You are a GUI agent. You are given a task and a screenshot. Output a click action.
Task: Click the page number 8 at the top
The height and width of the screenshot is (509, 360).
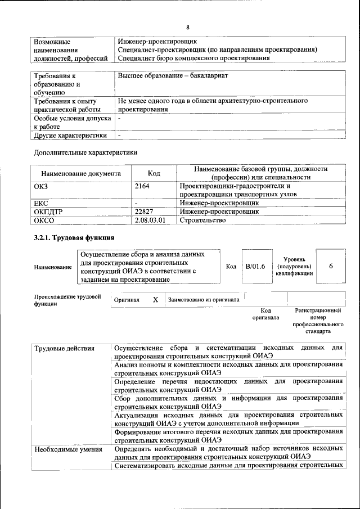pyautogui.click(x=188, y=28)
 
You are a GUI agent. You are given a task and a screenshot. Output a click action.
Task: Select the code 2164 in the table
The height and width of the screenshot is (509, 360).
pyautogui.click(x=142, y=186)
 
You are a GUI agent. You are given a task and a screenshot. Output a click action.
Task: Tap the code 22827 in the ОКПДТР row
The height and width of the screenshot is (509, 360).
pyautogui.click(x=145, y=211)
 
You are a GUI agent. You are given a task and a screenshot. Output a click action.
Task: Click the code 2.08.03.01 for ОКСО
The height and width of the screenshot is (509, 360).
pyautogui.click(x=151, y=220)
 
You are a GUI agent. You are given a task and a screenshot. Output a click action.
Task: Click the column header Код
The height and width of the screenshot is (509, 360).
pyautogui.click(x=154, y=174)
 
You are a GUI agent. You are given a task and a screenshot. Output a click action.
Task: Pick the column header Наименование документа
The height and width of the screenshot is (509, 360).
pyautogui.click(x=81, y=174)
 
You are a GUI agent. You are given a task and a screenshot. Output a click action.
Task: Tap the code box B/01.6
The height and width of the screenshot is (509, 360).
pyautogui.click(x=255, y=266)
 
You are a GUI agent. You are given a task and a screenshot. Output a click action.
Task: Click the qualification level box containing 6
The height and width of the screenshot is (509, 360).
pyautogui.click(x=330, y=266)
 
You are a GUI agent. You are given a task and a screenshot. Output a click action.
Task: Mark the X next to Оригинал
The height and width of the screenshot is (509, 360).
pyautogui.click(x=155, y=300)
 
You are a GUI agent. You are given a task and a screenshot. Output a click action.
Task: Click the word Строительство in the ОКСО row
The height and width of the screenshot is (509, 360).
pyautogui.click(x=202, y=220)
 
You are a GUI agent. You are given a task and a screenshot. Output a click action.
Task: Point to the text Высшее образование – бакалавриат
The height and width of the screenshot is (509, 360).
pyautogui.click(x=173, y=75)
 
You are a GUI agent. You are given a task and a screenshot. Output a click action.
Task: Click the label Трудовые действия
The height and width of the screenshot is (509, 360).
pyautogui.click(x=64, y=348)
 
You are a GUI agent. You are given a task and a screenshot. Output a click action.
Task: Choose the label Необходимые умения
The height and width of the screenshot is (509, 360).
pyautogui.click(x=68, y=449)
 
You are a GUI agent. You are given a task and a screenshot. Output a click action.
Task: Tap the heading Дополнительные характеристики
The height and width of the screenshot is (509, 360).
pyautogui.click(x=85, y=152)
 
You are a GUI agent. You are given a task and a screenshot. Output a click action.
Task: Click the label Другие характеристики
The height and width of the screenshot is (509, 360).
pyautogui.click(x=70, y=136)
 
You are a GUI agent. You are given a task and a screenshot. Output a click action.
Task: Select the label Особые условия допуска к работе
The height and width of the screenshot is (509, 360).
pyautogui.click(x=70, y=123)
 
